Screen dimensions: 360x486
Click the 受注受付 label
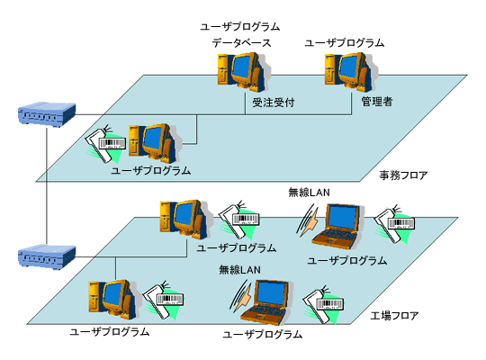[x=272, y=103]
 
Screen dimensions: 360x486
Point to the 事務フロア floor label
[x=402, y=175]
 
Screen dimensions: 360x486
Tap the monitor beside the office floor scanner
[x=156, y=140]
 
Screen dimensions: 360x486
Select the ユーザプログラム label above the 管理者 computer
[x=345, y=42]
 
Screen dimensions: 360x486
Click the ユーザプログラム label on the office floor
[x=150, y=169]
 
